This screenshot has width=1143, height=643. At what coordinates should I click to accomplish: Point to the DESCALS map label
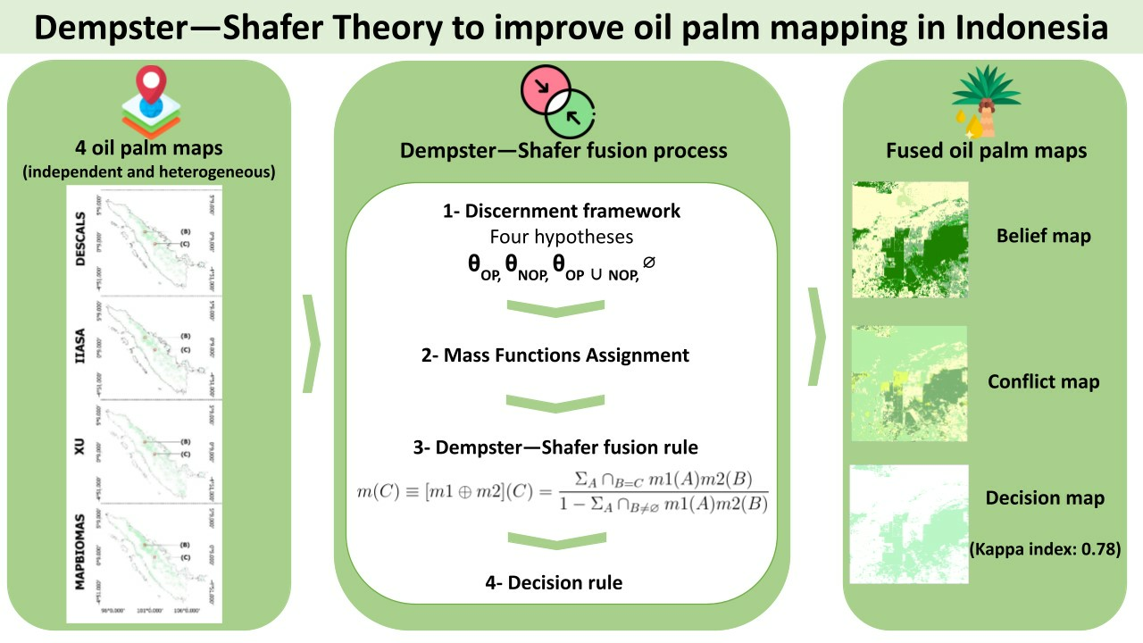tap(81, 239)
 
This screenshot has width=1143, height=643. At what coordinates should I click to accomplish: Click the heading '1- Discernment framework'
tap(562, 212)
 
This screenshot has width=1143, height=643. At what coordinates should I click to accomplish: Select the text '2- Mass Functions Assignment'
tap(555, 355)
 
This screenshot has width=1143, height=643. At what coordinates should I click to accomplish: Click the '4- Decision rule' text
tap(554, 583)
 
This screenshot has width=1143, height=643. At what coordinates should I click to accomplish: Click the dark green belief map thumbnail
tap(910, 239)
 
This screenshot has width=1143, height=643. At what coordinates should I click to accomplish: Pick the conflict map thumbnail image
tap(910, 382)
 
